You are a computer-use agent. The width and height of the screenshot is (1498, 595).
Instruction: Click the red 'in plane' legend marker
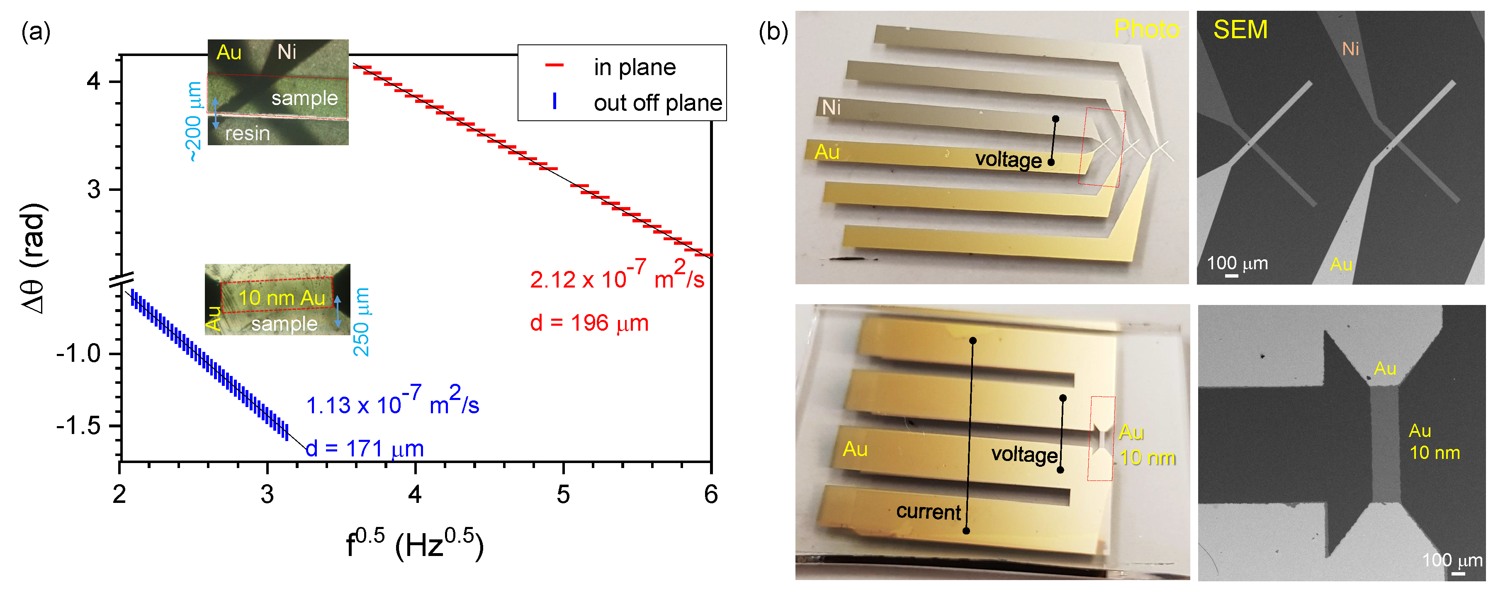(554, 65)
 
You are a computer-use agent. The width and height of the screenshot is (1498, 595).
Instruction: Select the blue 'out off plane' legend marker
(554, 101)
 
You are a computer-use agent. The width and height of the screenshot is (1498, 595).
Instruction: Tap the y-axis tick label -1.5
(78, 426)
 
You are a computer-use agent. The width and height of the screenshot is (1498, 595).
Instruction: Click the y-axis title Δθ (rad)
(34, 259)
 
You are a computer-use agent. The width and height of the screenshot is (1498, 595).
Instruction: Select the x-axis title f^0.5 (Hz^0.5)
(414, 544)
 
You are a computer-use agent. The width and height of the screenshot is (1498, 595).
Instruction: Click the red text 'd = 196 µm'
(588, 323)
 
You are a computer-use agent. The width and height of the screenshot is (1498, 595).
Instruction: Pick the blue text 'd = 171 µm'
(364, 449)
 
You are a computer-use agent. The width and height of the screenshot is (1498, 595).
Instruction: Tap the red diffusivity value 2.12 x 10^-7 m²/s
(616, 277)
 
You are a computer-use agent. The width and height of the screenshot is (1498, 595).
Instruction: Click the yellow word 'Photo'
(1145, 29)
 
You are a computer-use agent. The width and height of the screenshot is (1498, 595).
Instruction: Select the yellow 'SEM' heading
(1240, 29)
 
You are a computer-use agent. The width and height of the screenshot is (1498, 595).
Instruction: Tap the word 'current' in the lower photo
(928, 512)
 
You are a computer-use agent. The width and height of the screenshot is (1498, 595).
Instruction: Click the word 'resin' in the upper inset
(247, 134)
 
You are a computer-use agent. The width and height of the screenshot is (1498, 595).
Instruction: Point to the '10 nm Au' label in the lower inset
(282, 298)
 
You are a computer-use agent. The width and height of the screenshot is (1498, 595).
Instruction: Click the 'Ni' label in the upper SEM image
(1350, 49)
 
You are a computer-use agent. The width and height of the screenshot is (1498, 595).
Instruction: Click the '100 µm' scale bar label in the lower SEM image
(1452, 560)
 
